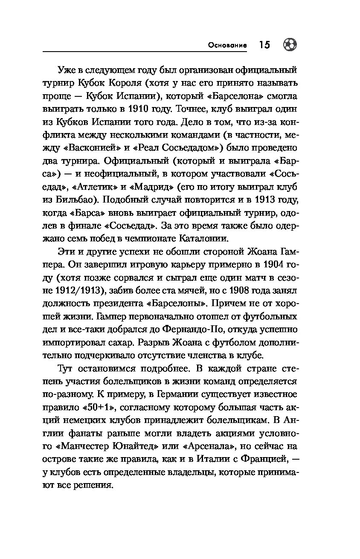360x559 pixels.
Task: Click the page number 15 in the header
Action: pos(264,45)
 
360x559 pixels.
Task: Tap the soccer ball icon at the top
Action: pos(290,45)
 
